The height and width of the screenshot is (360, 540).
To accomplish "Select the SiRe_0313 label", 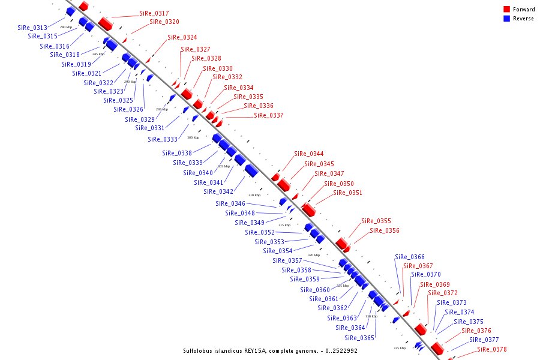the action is (32, 28).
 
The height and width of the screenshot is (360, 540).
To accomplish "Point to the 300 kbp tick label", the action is (193, 137).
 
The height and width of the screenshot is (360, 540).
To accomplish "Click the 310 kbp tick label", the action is (254, 195).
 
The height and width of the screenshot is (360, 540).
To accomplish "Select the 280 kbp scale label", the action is (66, 27).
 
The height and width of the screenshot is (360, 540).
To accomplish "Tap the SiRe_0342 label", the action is (218, 192).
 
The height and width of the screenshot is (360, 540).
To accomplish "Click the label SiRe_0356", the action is (385, 230).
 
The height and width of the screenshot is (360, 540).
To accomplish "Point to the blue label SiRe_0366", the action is (410, 257).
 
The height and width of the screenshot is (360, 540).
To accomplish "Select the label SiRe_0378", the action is (492, 349).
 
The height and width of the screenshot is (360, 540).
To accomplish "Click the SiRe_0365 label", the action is (360, 338).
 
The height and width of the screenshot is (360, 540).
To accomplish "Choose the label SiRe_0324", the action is (182, 37).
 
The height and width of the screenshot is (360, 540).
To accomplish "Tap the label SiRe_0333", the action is (163, 139).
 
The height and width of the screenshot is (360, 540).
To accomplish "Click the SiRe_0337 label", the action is (269, 115).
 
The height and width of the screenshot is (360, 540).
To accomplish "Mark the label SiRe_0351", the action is (348, 193).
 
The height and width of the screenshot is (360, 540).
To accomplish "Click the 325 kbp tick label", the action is (343, 286).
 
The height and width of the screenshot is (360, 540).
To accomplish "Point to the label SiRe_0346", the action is (230, 203).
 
